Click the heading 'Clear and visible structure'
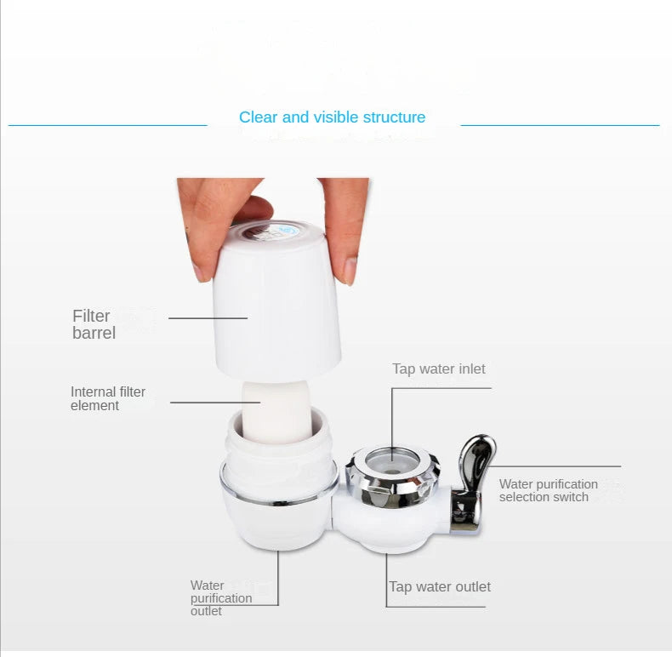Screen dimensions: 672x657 [332, 117]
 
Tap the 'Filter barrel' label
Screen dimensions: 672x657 [94, 324]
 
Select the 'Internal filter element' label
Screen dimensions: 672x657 [108, 398]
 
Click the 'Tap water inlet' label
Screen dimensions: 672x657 [439, 368]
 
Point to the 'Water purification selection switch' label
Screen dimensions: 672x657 [548, 490]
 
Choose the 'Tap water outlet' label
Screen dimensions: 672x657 [440, 586]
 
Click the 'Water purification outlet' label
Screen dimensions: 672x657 [221, 597]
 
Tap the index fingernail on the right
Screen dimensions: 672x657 [350, 271]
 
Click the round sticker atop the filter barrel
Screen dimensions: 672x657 [271, 233]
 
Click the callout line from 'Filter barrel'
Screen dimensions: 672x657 [208, 318]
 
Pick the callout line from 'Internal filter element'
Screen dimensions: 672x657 [215, 403]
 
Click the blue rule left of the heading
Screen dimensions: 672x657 [107, 125]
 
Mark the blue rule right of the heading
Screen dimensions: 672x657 [561, 125]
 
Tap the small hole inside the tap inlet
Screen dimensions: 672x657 [390, 471]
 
